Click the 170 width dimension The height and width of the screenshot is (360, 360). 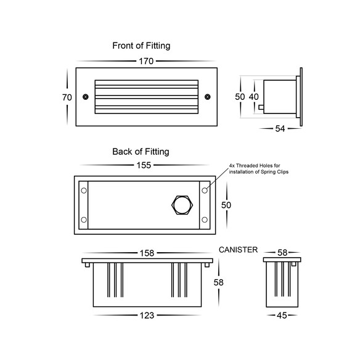[x=146, y=61]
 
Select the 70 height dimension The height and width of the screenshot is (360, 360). [x=67, y=97]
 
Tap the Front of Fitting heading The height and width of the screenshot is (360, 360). [x=141, y=46]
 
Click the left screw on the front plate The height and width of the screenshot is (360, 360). [x=86, y=97]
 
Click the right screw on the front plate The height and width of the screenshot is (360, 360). [x=208, y=97]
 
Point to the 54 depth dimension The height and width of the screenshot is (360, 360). [x=280, y=129]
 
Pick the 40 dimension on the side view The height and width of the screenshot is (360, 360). [x=254, y=97]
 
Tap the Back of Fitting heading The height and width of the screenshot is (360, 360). [x=141, y=152]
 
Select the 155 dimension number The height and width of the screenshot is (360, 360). [x=144, y=165]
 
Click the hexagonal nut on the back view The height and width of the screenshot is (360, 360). [x=182, y=205]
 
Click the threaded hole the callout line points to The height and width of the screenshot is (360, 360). [x=205, y=190]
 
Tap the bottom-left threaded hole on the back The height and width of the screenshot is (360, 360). [x=84, y=219]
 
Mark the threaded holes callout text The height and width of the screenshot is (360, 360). [x=258, y=168]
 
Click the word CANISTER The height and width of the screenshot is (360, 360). [x=238, y=250]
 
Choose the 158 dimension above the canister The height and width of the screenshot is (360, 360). [x=147, y=253]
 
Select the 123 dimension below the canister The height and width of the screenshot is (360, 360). [x=147, y=316]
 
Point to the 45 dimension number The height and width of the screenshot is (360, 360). [x=282, y=316]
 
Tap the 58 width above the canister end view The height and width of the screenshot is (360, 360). [x=282, y=253]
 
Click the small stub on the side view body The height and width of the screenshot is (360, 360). [x=261, y=107]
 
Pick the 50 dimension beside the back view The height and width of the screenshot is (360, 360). [x=226, y=205]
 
